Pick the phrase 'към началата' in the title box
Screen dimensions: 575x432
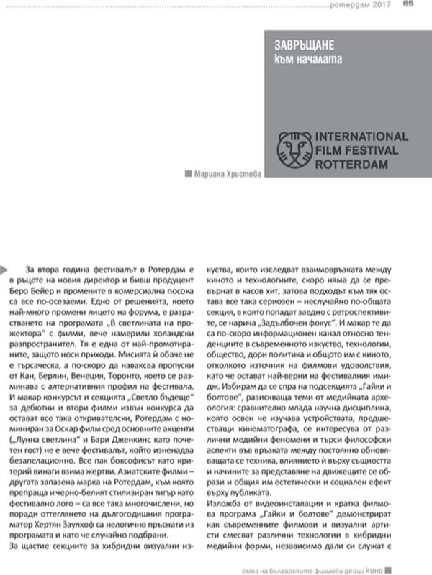pyautogui.click(x=307, y=56)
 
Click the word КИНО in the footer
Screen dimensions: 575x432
pyautogui.click(x=400, y=566)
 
